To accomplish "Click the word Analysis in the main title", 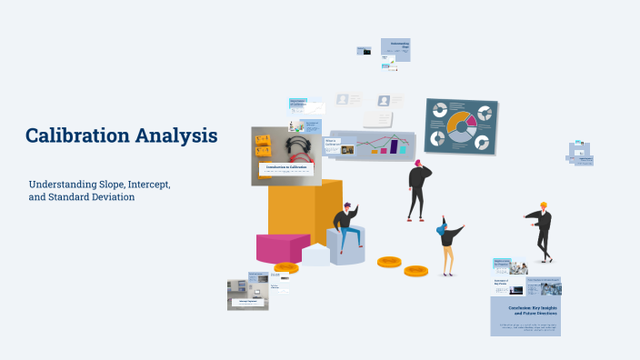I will (176, 136).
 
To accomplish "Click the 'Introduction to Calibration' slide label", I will (286, 167).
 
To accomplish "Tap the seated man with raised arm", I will (347, 227).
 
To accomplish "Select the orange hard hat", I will (544, 205).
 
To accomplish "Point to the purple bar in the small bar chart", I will (394, 145).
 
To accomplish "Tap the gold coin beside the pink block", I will (286, 268).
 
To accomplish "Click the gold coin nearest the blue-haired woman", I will (415, 270).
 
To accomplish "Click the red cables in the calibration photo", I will (296, 147).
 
